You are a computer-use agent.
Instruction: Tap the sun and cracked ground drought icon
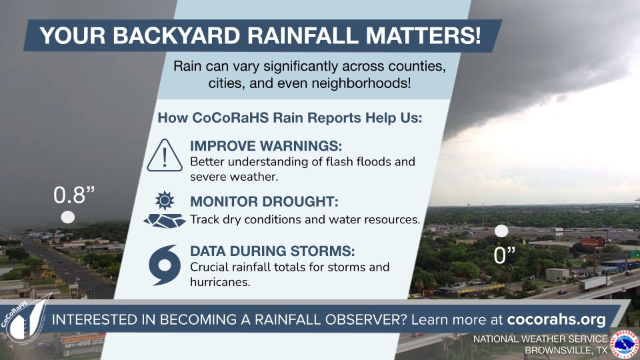pos(163,210)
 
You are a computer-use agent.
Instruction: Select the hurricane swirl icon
pos(163,265)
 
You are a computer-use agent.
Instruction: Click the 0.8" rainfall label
pos(74,195)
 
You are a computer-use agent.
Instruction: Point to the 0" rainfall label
pos(503,256)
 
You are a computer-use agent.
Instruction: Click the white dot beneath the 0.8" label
pos(68,218)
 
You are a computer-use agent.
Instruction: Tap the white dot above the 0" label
pos(502,231)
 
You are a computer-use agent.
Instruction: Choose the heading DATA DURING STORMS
pos(272,252)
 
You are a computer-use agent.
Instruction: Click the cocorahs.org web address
pos(557,319)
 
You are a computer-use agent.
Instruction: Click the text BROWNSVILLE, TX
pos(566,350)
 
